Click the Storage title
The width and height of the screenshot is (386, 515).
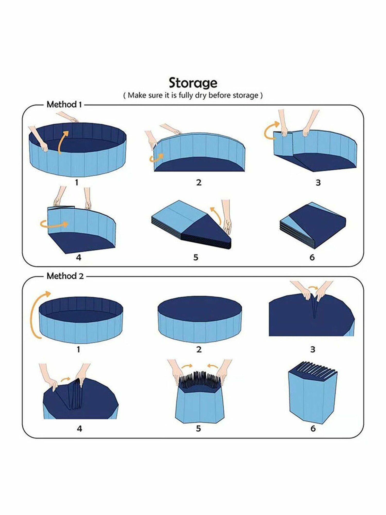pos(193,83)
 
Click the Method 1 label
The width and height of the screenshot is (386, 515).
pos(64,105)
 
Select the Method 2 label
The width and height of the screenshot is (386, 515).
pos(65,276)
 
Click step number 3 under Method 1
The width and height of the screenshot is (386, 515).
pos(318,183)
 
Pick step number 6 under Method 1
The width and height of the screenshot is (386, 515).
pos(312,257)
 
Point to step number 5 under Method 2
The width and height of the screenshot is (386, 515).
pos(198,428)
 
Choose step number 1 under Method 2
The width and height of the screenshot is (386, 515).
pos(78,349)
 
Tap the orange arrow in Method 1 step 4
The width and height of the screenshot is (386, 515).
pos(54,224)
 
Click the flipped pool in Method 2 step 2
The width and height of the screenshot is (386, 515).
pos(199,319)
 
